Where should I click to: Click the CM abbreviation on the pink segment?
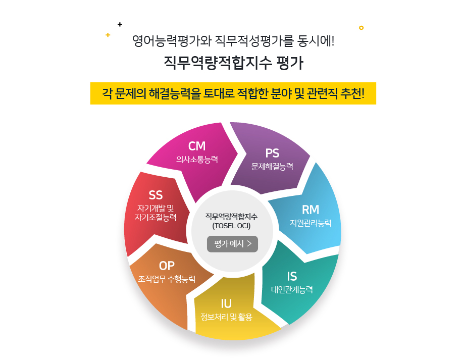(x=197, y=146)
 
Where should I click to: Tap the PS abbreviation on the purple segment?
(x=272, y=153)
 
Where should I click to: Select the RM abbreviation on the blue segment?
(x=311, y=210)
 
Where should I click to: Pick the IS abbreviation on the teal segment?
(x=292, y=276)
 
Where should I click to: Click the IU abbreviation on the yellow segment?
(x=226, y=303)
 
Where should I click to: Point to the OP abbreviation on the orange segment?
(x=167, y=266)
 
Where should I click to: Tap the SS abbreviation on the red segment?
(x=156, y=195)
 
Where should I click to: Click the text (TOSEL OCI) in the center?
(x=232, y=225)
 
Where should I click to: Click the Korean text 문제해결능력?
(x=272, y=166)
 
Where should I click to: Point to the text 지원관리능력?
(x=311, y=223)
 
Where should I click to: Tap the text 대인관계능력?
(x=292, y=290)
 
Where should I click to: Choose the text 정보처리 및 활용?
(x=226, y=317)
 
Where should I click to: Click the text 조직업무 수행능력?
(x=167, y=279)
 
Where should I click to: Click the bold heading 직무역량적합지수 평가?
(x=233, y=64)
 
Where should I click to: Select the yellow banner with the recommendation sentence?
(x=233, y=93)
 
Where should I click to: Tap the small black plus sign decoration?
(x=120, y=24)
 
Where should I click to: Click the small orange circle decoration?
(x=361, y=28)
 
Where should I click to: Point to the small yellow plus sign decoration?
(x=108, y=35)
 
